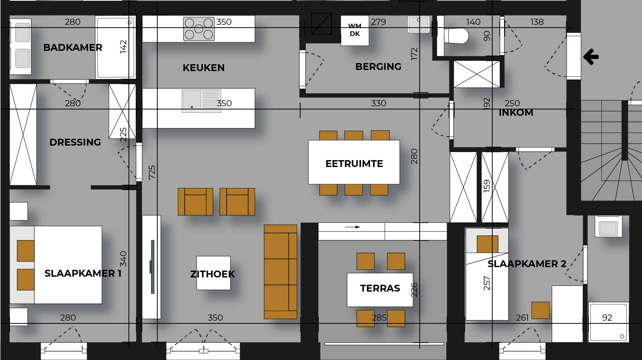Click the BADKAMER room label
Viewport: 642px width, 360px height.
[73, 47]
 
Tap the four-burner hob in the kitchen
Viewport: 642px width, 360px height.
[199, 29]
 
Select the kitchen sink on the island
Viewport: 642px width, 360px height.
[201, 101]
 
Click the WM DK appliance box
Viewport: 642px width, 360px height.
[354, 30]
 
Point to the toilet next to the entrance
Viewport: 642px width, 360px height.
[456, 36]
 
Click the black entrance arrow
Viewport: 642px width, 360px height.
[591, 57]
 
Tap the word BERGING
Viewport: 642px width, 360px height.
[378, 67]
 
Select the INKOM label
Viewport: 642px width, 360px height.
[516, 113]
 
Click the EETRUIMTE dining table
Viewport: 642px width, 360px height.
[354, 162]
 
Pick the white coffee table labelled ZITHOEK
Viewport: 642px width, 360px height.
[213, 273]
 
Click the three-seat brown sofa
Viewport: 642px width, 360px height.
[280, 272]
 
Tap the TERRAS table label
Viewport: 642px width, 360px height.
[380, 288]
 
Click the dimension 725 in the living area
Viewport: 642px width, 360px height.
[152, 172]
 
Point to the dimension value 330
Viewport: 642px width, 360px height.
[378, 104]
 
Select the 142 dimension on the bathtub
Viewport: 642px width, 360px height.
[123, 47]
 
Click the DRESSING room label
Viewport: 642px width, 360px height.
[75, 142]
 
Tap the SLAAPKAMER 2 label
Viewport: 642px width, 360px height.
[527, 264]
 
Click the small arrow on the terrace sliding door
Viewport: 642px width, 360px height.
[352, 227]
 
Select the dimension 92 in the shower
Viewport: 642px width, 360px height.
[607, 318]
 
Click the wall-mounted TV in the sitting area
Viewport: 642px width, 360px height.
[152, 267]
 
